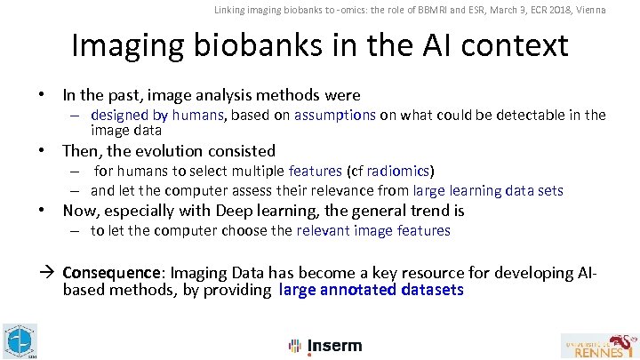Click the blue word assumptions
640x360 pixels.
pos(335,114)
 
